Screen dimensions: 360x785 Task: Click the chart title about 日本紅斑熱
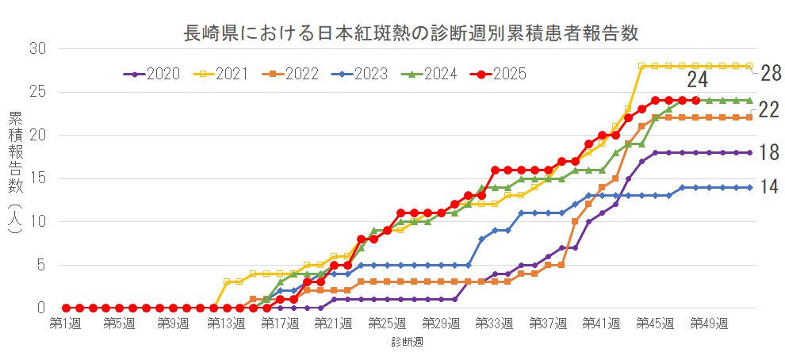[411, 33]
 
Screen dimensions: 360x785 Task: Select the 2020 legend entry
[152, 74]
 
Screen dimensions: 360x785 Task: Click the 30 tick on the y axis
[38, 49]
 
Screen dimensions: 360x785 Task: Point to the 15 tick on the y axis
[38, 178]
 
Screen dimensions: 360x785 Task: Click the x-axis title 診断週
[406, 343]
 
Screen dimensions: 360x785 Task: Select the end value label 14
[769, 187]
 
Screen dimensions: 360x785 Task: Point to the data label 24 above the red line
[697, 80]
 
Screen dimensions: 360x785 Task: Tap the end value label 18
[769, 152]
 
